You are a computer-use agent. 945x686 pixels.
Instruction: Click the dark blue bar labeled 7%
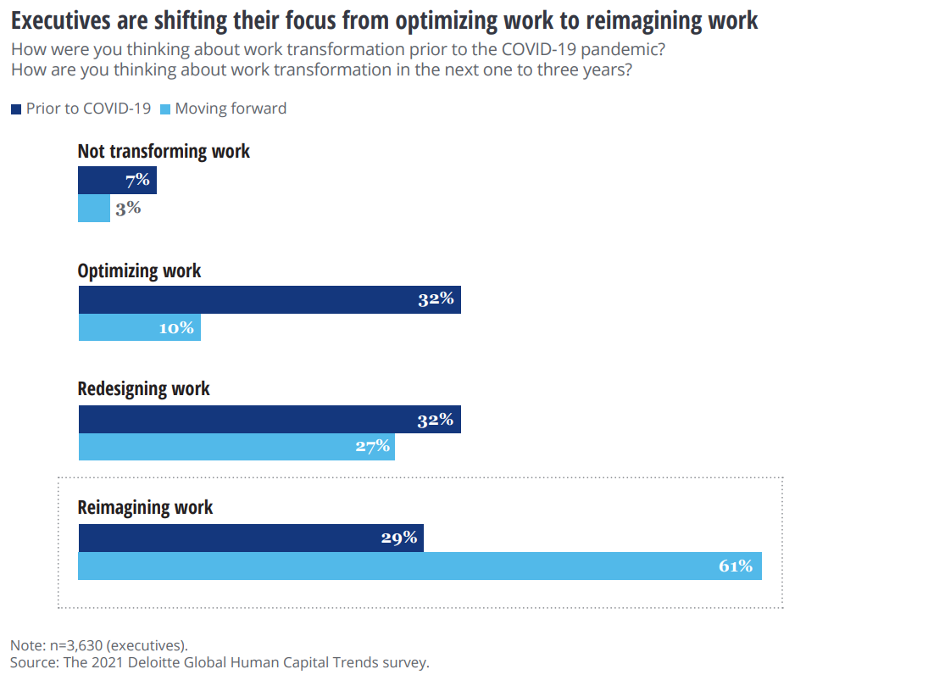[x=117, y=181]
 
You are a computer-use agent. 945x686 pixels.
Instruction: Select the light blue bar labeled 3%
[x=94, y=209]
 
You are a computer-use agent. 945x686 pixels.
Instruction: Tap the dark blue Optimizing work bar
[x=270, y=299]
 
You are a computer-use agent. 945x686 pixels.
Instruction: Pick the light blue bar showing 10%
[x=140, y=327]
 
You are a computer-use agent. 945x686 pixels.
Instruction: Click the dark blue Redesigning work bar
[x=270, y=420]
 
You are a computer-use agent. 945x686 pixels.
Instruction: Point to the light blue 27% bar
[x=236, y=447]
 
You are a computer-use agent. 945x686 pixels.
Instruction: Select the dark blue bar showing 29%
[x=251, y=538]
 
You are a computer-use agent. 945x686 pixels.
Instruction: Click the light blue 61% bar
[x=420, y=566]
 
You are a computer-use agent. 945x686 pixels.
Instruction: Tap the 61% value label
[x=736, y=566]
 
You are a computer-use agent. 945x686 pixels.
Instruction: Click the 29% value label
[x=399, y=538]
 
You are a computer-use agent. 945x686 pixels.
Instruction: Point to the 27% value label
[x=373, y=447]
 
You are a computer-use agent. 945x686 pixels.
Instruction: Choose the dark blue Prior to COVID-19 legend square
[x=16, y=109]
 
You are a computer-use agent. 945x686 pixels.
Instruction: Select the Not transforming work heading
[x=164, y=152]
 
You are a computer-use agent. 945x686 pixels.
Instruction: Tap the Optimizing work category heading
[x=139, y=271]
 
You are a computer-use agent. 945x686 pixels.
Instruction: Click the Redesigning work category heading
[x=143, y=389]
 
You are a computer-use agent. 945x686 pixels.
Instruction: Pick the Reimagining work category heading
[x=145, y=508]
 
